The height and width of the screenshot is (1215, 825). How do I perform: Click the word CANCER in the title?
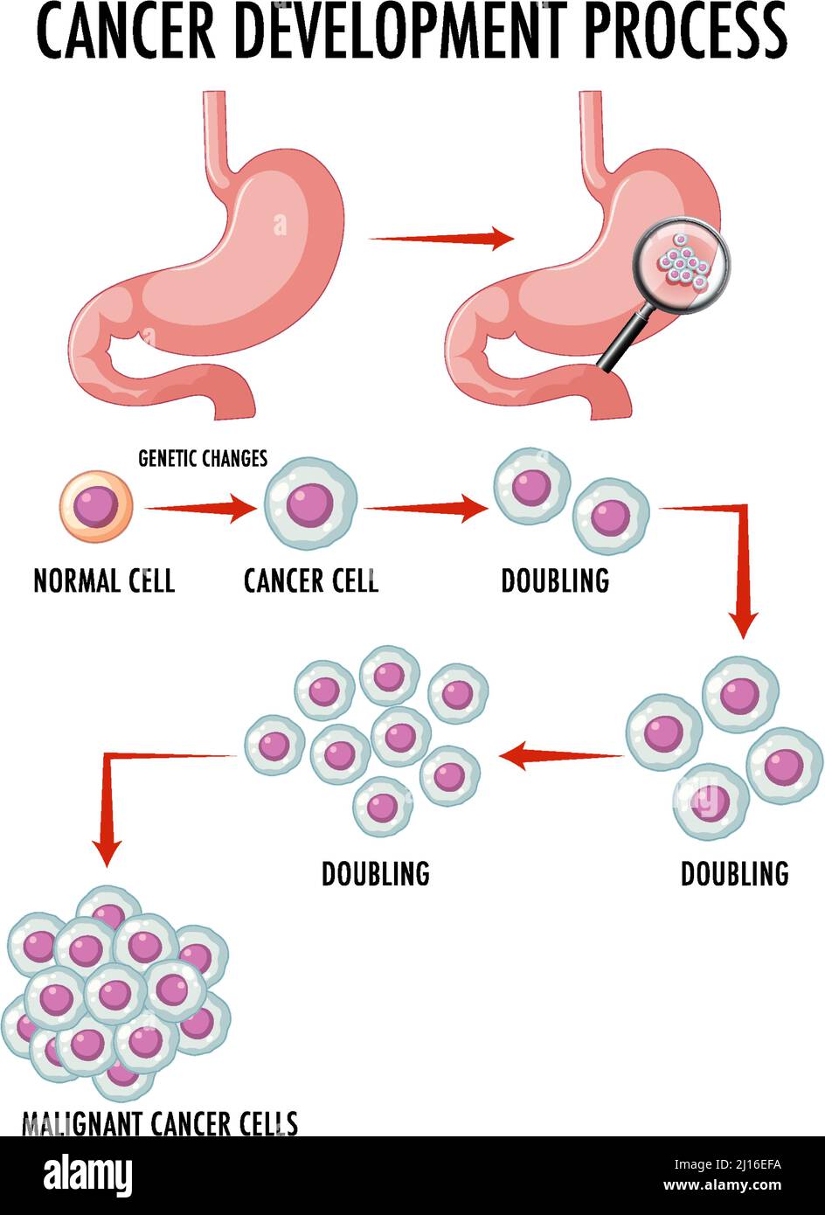pos(128,31)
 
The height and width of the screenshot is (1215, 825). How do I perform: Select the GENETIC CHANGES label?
pos(203,458)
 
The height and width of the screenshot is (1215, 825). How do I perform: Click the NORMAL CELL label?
pos(104,580)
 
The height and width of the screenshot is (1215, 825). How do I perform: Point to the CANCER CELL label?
pos(311,580)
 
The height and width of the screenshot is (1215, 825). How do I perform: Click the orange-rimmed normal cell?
pos(96,504)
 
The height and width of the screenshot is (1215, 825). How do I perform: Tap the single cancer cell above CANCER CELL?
pos(310,504)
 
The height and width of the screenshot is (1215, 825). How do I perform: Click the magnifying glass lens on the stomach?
pos(682,263)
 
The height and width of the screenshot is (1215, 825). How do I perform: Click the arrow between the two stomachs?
pos(441,238)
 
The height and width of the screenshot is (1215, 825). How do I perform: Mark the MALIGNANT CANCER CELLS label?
pos(160,1122)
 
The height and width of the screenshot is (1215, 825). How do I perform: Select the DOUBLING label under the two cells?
pos(555,580)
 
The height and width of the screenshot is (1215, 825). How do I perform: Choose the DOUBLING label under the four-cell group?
pos(734,873)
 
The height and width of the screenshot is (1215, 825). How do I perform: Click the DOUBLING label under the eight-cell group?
pos(376,873)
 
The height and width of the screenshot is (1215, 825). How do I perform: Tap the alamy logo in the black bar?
pos(87,1175)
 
